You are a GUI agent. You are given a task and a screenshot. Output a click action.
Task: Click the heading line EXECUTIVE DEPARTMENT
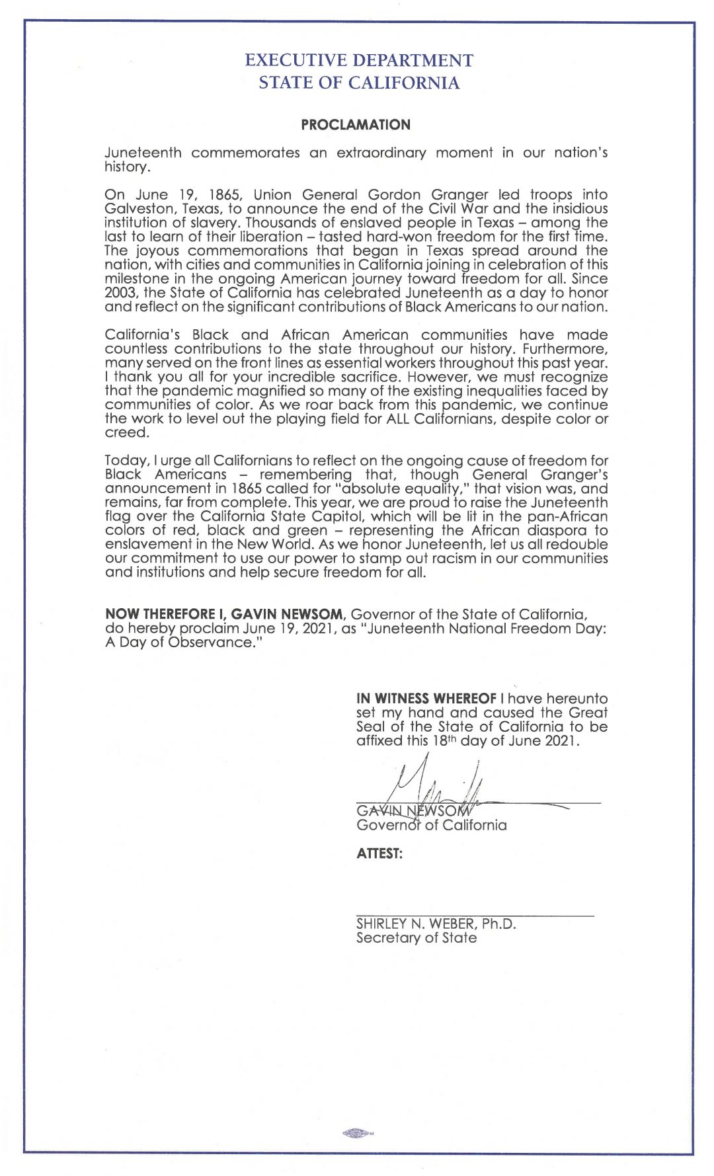click(359, 60)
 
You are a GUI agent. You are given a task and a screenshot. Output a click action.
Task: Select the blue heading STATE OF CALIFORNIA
click(359, 83)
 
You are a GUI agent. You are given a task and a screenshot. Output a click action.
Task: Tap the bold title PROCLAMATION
click(356, 125)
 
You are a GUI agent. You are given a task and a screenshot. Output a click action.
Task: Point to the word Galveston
click(139, 209)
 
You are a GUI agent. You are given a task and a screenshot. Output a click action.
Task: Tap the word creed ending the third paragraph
click(126, 433)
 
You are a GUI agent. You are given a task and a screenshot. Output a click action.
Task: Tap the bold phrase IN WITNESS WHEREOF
click(426, 699)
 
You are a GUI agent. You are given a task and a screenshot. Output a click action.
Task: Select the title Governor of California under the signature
click(431, 825)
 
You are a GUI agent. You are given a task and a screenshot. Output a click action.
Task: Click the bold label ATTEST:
click(379, 853)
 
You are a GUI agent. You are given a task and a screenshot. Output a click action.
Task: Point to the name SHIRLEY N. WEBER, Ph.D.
click(436, 923)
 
